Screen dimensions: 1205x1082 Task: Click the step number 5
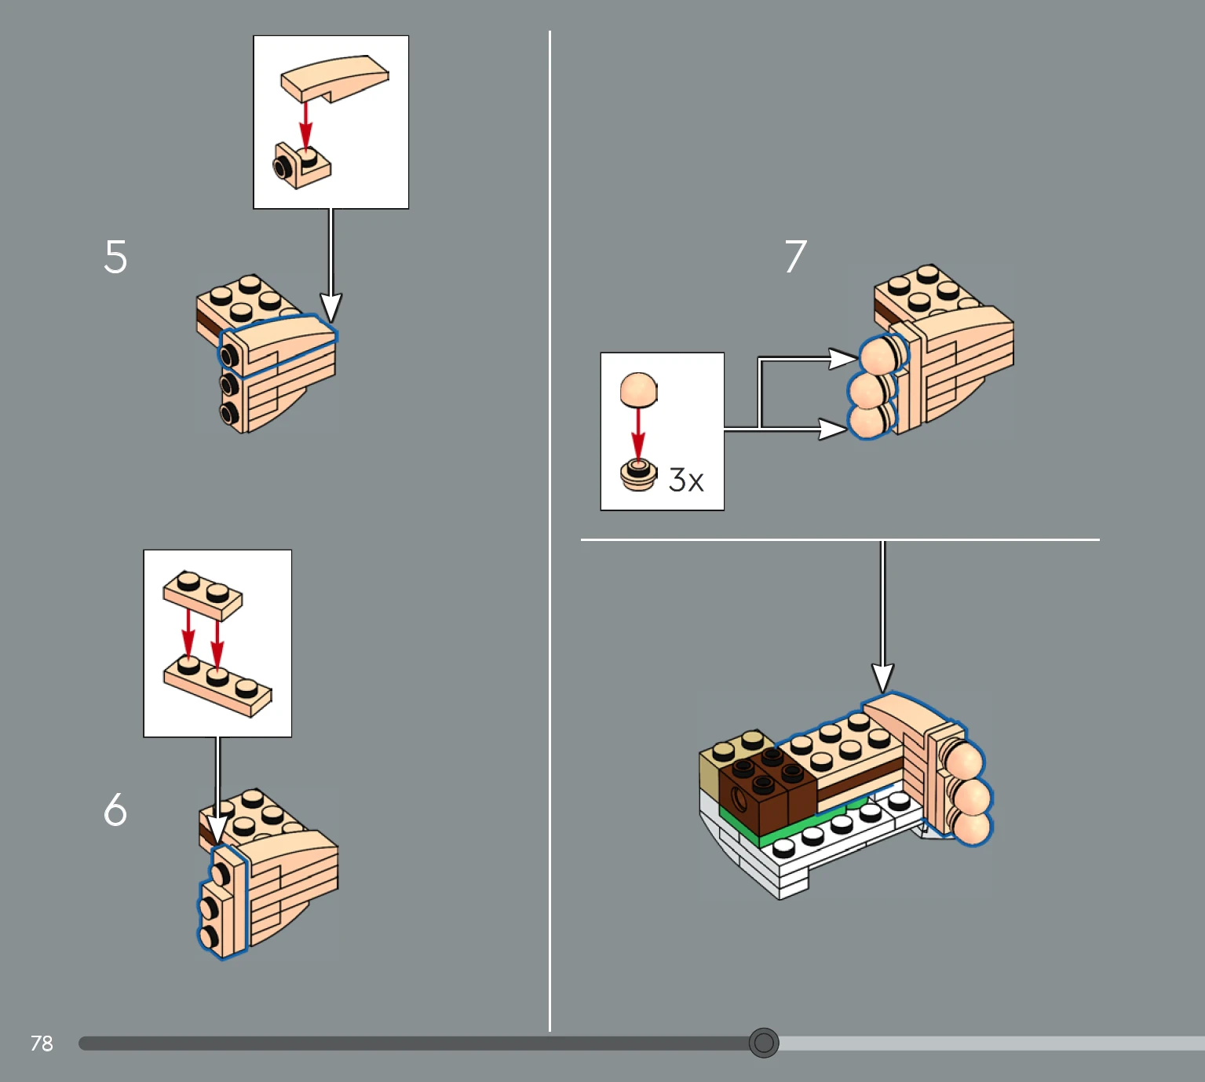(115, 257)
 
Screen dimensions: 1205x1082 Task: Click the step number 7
(796, 257)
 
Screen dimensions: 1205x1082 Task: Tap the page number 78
(42, 1043)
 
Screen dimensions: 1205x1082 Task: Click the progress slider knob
(764, 1042)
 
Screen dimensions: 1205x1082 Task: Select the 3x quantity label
(686, 480)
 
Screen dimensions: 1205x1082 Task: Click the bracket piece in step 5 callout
(301, 165)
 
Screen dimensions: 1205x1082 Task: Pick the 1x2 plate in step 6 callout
(203, 595)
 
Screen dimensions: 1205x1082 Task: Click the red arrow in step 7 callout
(638, 433)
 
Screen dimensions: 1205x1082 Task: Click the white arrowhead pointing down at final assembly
(882, 678)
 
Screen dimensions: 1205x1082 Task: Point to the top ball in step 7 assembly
(878, 356)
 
